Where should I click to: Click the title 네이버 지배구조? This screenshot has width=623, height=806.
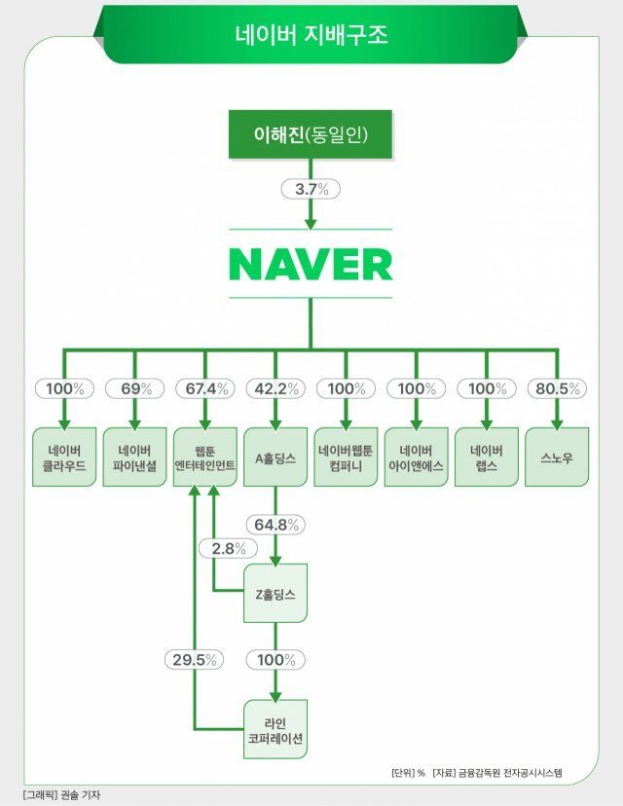(x=311, y=36)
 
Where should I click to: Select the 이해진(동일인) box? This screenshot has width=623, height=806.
(x=311, y=134)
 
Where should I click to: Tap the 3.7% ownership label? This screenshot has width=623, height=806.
(x=311, y=190)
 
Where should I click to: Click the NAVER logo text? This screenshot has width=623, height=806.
(x=311, y=264)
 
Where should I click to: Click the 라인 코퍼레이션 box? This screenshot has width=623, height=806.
(x=275, y=729)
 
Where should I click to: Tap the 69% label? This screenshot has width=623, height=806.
(x=135, y=388)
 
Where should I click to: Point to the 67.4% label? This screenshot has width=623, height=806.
(x=205, y=388)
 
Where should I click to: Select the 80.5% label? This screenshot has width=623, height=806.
(x=556, y=388)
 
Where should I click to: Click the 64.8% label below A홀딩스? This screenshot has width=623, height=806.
(x=275, y=525)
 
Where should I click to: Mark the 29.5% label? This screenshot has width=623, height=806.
(x=194, y=659)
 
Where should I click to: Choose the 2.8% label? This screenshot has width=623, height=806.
(x=229, y=549)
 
